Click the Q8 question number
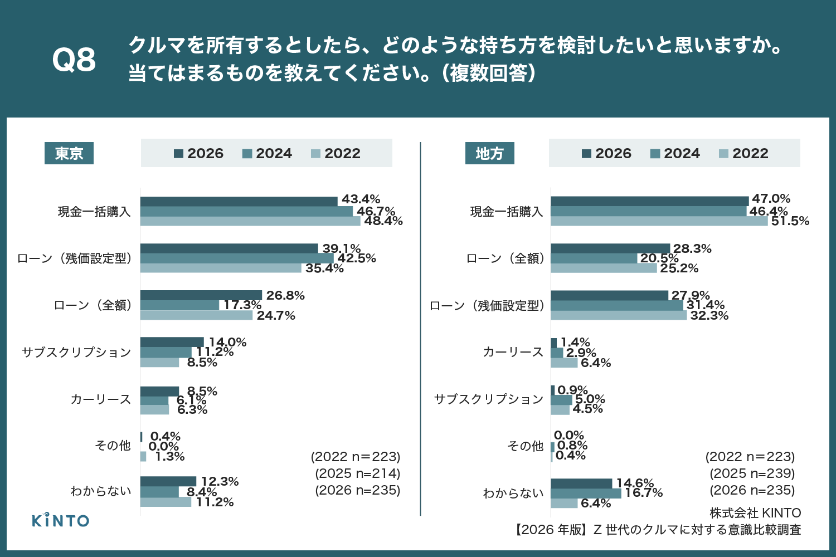74,60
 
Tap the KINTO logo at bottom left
60,520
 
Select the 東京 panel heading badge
69,153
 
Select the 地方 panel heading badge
489,153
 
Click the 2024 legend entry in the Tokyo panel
268,153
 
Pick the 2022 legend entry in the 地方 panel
743,153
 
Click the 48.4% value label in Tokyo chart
383,221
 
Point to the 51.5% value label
790,221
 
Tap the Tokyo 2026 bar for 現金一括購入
239,201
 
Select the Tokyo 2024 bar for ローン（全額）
179,305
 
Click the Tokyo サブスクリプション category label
76,352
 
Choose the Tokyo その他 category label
113,445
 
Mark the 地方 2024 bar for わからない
586,494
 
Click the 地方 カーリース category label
513,352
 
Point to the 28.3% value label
692,249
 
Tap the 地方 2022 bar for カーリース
564,363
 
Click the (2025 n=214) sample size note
358,473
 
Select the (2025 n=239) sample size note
752,473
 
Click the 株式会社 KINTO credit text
755,513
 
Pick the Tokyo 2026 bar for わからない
168,481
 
